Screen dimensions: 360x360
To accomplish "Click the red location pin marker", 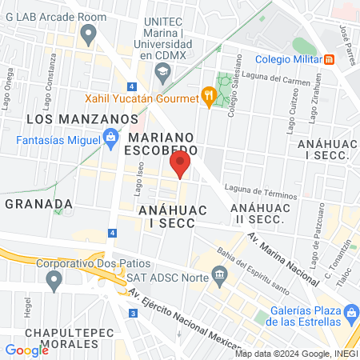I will [180, 164].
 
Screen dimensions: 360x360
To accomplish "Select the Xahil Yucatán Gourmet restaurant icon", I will [209, 98].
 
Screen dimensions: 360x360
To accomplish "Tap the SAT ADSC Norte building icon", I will [219, 277].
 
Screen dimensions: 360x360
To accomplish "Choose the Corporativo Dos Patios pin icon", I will [54, 281].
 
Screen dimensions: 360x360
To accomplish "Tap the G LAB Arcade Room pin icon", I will [88, 33].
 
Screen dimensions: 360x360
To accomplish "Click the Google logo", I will [26, 350].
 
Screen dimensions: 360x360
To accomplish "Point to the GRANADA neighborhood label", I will [34, 203].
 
